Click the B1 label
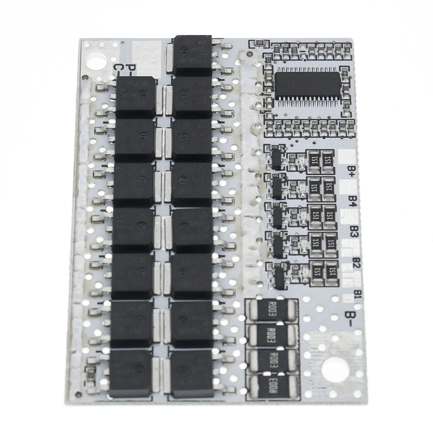point(358,294)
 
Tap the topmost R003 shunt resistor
point(273,310)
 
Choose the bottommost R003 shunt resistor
point(273,384)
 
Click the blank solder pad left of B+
point(346,155)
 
